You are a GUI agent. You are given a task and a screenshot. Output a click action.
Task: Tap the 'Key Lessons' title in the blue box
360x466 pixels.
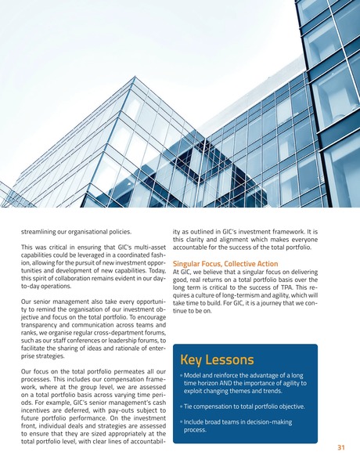(217, 360)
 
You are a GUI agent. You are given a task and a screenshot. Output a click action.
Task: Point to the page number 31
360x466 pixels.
(340, 448)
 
